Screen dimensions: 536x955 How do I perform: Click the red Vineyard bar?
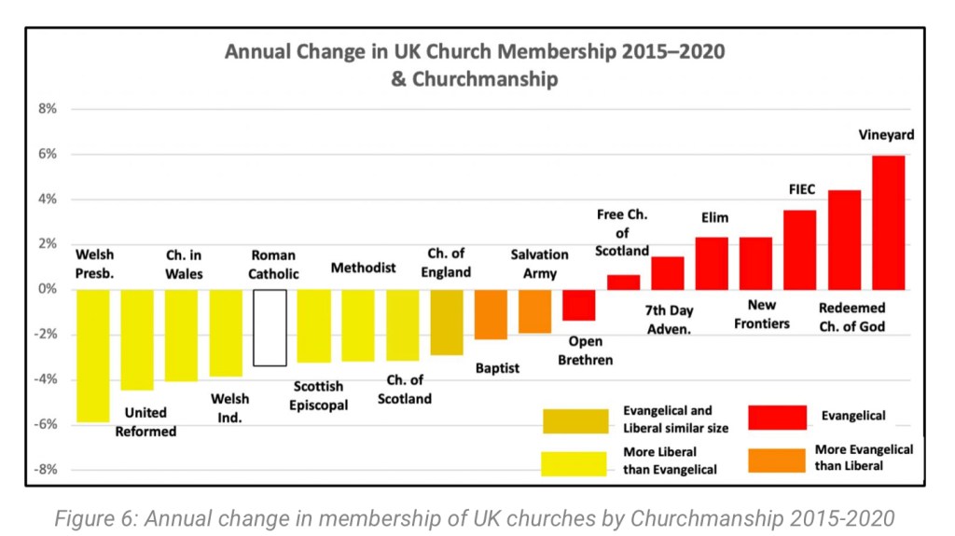[x=888, y=222]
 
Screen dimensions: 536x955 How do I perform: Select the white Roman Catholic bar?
[x=270, y=327]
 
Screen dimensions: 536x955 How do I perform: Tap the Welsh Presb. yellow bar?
[x=93, y=355]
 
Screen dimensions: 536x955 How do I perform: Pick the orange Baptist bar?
[x=491, y=314]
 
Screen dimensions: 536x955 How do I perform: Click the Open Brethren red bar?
[x=578, y=305]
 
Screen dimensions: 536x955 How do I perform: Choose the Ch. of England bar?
[x=447, y=322]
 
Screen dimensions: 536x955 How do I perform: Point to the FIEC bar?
[x=799, y=250]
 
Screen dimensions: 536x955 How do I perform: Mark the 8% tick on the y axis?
[x=47, y=109]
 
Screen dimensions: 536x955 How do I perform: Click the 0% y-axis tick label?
[x=47, y=289]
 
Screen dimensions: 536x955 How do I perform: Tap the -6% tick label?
[x=45, y=424]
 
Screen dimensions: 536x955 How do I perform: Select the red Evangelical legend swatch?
[x=777, y=417]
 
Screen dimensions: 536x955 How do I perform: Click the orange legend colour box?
[x=777, y=459]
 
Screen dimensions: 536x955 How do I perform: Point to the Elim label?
[x=714, y=218]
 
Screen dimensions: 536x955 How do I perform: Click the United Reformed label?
[x=145, y=421]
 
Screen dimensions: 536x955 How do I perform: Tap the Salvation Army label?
[x=539, y=264]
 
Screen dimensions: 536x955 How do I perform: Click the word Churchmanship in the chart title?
[x=484, y=79]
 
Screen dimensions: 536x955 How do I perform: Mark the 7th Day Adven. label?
[x=669, y=319]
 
